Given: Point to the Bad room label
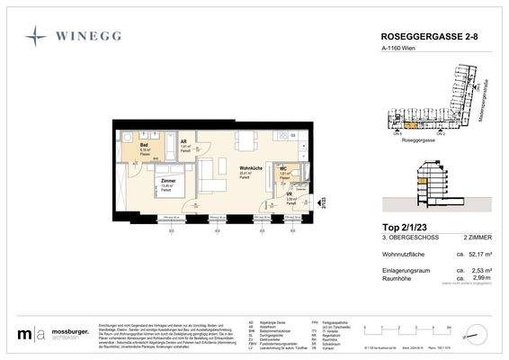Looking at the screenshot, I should [x=143, y=144].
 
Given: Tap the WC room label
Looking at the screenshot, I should [x=282, y=167].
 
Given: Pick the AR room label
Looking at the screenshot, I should [x=184, y=141].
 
